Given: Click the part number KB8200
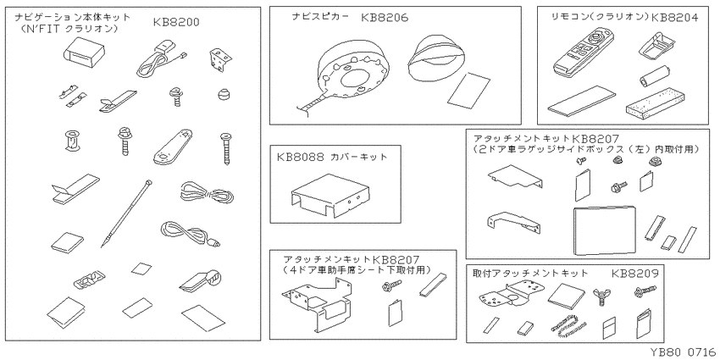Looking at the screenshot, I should [176, 20].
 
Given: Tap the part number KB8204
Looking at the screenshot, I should [672, 16].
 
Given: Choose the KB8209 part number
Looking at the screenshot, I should [634, 274].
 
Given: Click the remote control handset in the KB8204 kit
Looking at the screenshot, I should [583, 53].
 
